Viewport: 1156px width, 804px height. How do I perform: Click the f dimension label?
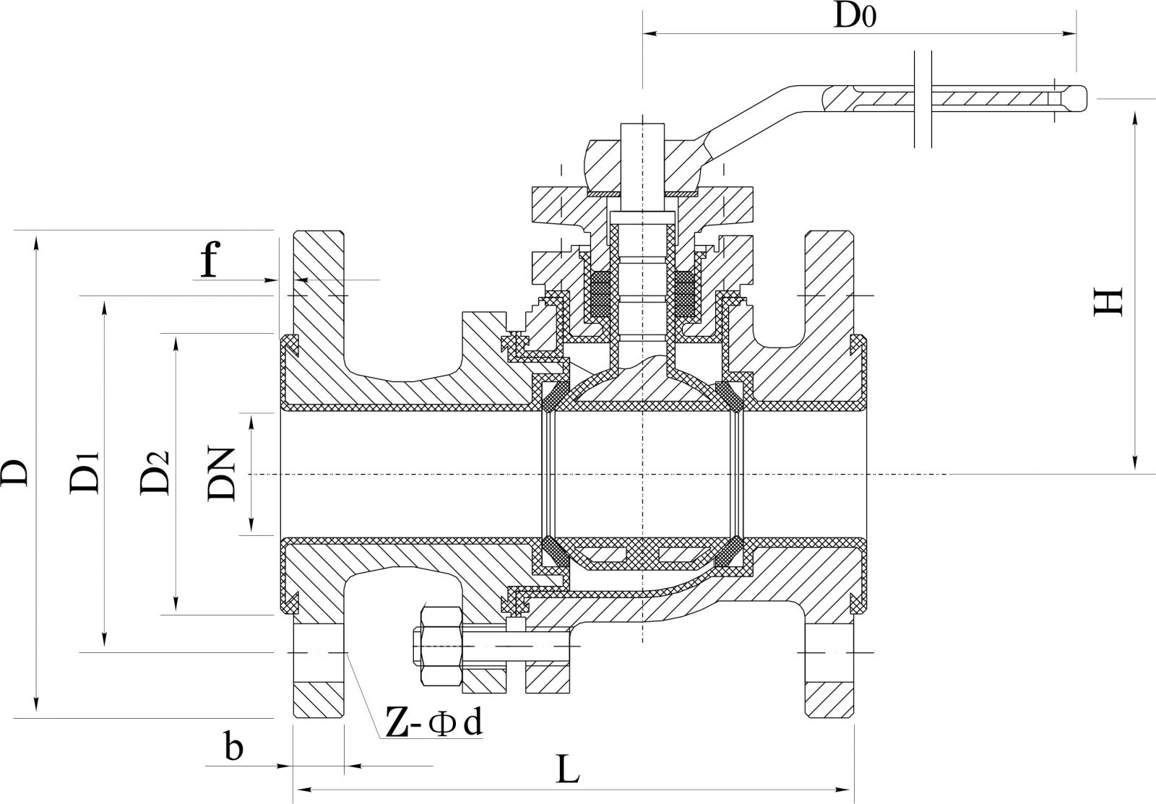[208, 261]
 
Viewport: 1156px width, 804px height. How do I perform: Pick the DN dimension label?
[222, 474]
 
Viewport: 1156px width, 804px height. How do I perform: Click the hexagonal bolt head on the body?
[440, 647]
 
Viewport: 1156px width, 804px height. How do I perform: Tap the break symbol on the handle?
[925, 99]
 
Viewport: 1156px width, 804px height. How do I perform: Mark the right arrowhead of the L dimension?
[848, 789]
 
